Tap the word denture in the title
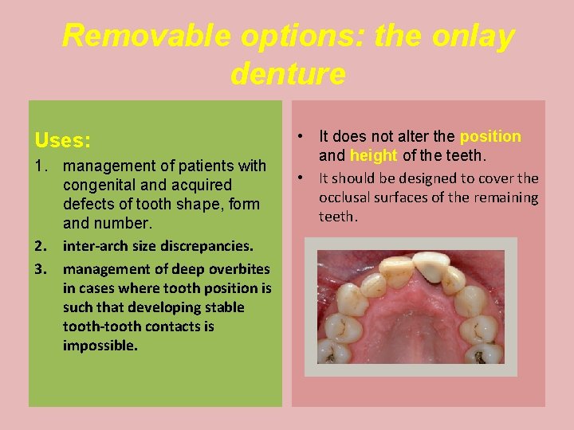tap(288, 74)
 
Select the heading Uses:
tap(62, 141)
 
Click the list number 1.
tap(41, 166)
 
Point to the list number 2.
tap(41, 247)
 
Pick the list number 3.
tap(41, 269)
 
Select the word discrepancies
tap(207, 247)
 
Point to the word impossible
tap(100, 346)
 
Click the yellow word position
tap(490, 137)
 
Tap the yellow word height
tap(373, 156)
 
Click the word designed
tap(434, 178)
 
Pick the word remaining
tap(506, 197)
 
